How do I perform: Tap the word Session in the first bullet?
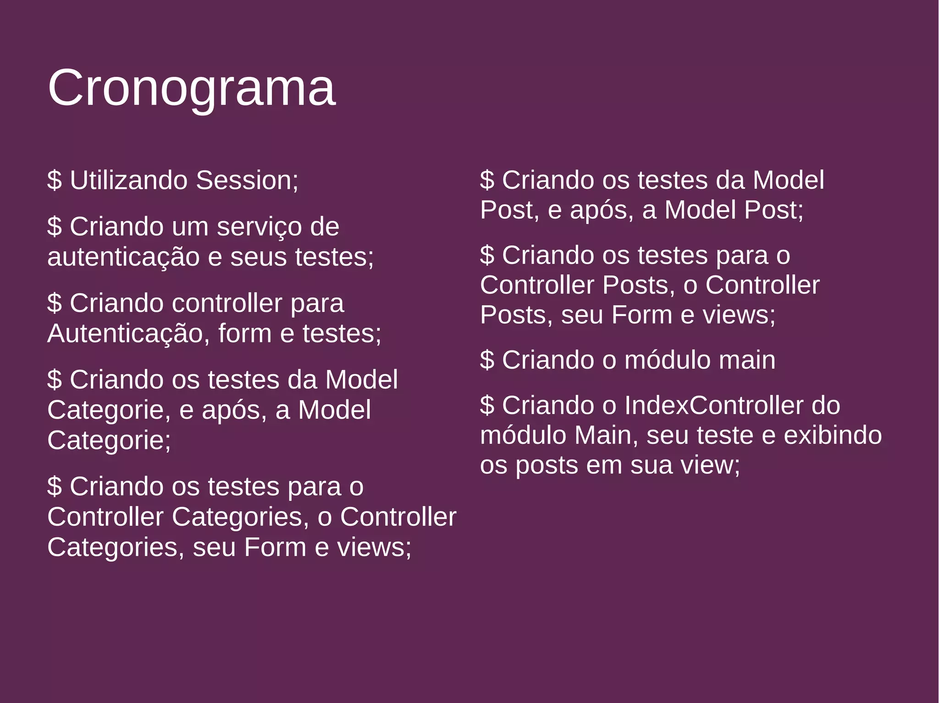pos(247,180)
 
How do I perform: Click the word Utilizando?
pos(128,180)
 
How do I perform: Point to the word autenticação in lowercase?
pos(123,257)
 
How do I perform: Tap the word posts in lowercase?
pos(547,465)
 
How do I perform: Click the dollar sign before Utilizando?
pos(54,180)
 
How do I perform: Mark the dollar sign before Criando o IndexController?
pos(487,405)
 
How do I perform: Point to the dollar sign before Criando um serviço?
pos(54,227)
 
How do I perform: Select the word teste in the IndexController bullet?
pos(725,435)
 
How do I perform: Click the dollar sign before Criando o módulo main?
pos(487,360)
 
